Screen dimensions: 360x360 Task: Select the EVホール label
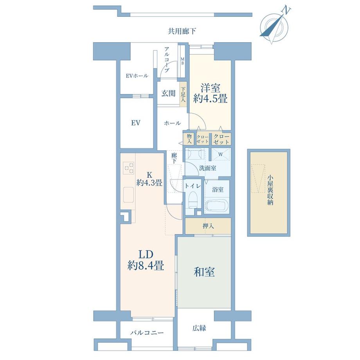[x=137, y=76]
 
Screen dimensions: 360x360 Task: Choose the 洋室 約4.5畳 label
[x=210, y=94]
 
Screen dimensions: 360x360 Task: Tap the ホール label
[x=172, y=123]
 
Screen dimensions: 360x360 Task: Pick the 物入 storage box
[x=189, y=139]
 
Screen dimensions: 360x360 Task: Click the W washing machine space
[x=221, y=154]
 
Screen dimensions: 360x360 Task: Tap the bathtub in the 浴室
[x=216, y=206]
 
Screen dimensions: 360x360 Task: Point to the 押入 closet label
[x=208, y=226]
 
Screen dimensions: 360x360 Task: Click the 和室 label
[x=204, y=272]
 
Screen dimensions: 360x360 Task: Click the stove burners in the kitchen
[x=128, y=169]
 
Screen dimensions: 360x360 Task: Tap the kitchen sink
[x=128, y=194]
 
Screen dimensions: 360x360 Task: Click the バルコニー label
[x=147, y=333]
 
